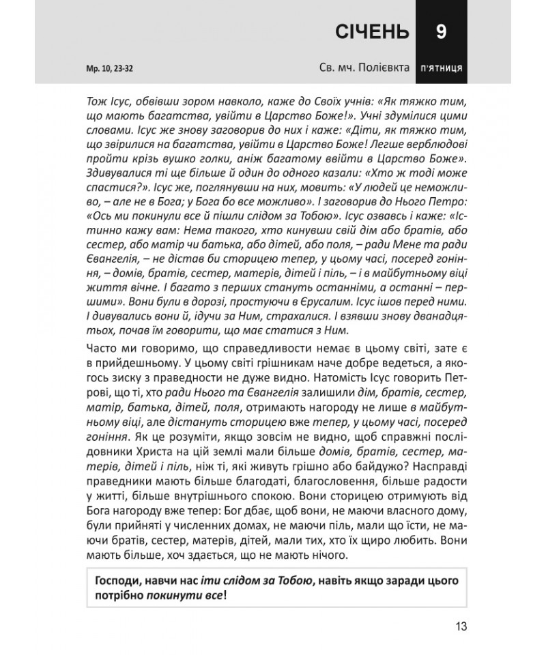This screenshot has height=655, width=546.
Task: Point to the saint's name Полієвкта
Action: (x=378, y=69)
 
